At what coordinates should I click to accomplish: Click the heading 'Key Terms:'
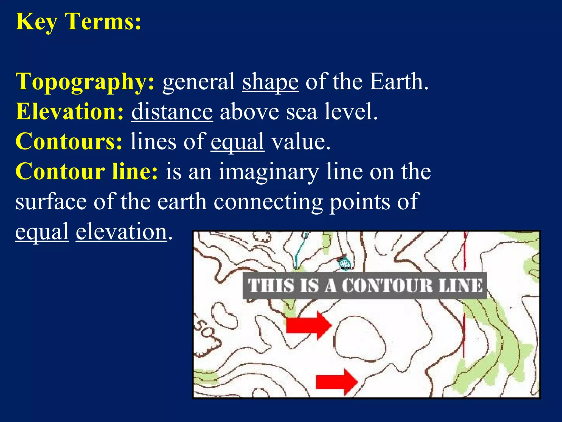tap(78, 22)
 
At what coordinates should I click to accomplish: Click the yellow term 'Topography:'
tap(85, 82)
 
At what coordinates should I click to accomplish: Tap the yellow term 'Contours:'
tap(69, 141)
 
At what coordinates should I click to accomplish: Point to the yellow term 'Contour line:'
tap(87, 171)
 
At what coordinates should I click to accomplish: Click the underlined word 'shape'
tap(270, 82)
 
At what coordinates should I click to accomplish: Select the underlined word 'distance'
tap(172, 112)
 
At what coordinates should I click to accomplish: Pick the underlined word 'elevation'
tap(121, 232)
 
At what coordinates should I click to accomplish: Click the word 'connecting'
tap(268, 202)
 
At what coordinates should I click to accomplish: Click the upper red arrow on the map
tap(308, 326)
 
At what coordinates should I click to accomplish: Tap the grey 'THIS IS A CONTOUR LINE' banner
tap(365, 286)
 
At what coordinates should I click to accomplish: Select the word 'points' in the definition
tap(359, 202)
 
